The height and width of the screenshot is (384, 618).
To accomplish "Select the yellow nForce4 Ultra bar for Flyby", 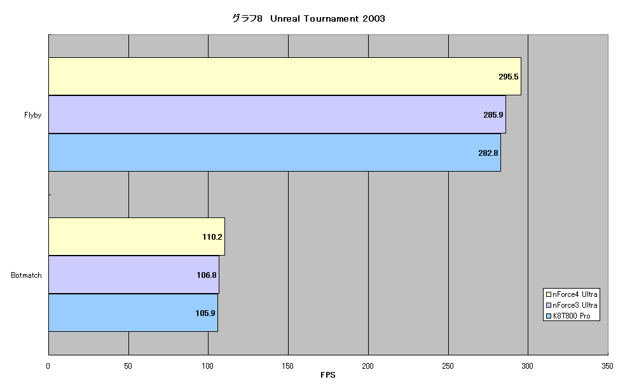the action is click(285, 76).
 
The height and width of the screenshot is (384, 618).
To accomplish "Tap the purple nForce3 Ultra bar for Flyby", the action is click(277, 114).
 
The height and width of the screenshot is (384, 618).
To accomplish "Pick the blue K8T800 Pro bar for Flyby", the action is click(275, 153).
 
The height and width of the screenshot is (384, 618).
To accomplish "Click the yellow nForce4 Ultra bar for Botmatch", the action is click(137, 237).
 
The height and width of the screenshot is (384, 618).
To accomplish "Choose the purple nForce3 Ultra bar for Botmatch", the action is click(134, 275).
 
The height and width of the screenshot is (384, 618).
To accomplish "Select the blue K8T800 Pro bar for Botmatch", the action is click(134, 313).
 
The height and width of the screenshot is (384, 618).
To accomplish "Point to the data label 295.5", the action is click(509, 77).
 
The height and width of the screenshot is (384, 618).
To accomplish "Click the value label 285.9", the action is click(493, 115).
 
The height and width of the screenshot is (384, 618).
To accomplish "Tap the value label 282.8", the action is click(488, 153).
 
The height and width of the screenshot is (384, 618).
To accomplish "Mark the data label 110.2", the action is click(212, 237).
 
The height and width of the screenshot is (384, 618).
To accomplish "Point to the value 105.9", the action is click(205, 313).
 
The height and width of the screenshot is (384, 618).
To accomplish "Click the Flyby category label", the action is click(32, 115).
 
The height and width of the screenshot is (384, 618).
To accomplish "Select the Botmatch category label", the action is click(26, 275).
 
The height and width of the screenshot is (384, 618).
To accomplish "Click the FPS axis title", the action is click(328, 375).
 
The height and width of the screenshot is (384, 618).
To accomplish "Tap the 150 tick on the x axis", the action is click(288, 366).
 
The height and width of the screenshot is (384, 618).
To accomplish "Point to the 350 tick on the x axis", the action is click(607, 366).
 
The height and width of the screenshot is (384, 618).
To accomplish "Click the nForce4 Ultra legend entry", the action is click(572, 294).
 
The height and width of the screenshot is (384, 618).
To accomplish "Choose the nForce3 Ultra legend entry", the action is click(572, 305).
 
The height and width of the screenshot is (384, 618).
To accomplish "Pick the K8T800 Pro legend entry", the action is click(568, 316).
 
